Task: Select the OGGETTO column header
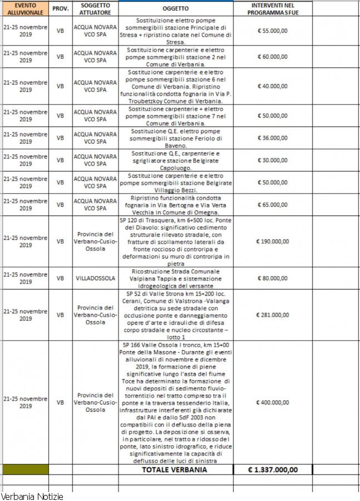point(176,8)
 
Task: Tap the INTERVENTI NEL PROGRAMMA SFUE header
point(272,8)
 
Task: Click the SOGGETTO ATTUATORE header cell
point(95,8)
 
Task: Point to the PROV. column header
point(60,8)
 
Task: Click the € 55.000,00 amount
point(272,31)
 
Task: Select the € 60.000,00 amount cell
point(272,56)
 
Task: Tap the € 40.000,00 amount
point(272,86)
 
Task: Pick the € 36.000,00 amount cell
point(272,137)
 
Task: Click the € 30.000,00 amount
point(272,160)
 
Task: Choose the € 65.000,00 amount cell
point(272,204)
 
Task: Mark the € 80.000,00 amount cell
point(272,278)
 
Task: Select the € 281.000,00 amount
point(272,315)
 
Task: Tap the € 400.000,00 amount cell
point(272,402)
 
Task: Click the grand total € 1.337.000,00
point(273,469)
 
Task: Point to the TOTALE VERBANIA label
point(175,469)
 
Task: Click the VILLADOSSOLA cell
point(95,278)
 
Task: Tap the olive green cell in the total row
point(24,469)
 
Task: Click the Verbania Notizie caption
point(32,495)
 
